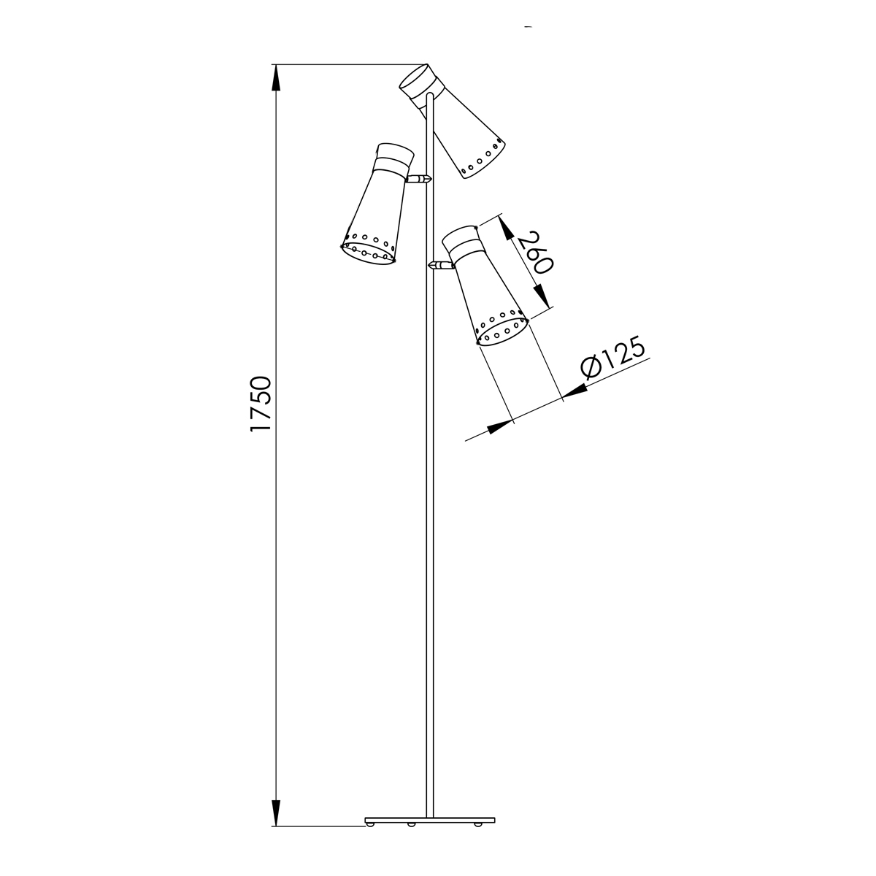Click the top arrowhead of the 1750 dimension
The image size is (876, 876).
pyautogui.click(x=275, y=77)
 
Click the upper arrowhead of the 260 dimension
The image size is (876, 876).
pyautogui.click(x=506, y=227)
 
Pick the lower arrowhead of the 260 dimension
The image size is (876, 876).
pyautogui.click(x=542, y=296)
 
